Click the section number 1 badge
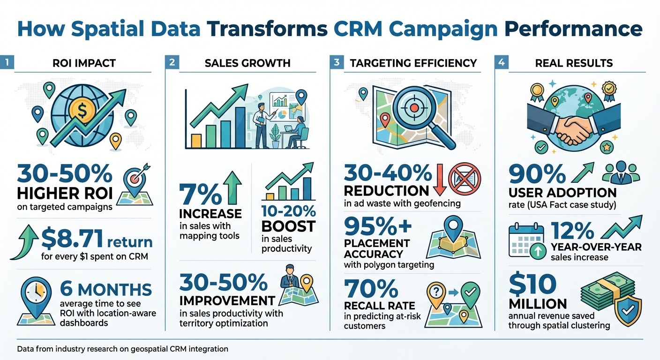pos(7,63)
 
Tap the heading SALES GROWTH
pos(247,63)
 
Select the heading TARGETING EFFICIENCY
pos(413,63)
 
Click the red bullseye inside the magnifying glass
pos(414,107)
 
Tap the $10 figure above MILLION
pos(532,284)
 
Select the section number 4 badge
pos(501,63)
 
